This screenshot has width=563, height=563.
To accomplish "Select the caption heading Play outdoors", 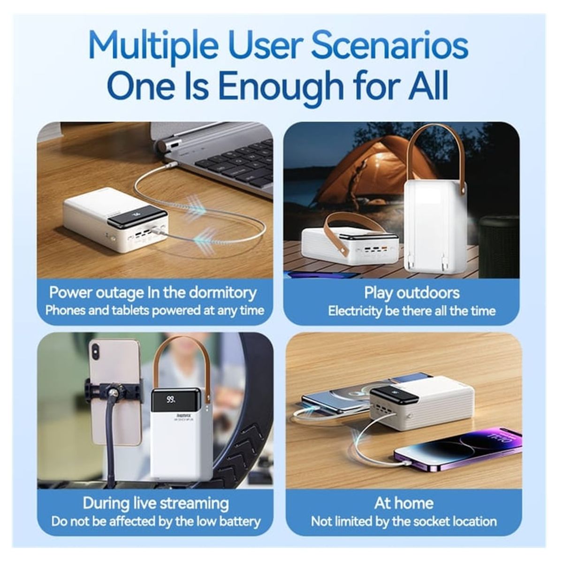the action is [411, 293].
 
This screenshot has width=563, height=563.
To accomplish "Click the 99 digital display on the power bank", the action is [171, 400].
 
